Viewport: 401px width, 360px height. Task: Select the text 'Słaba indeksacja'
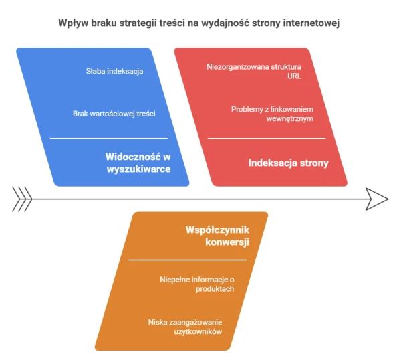coord(114,71)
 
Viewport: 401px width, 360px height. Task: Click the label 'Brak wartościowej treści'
coord(114,114)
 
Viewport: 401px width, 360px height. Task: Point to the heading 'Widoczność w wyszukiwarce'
coord(138,163)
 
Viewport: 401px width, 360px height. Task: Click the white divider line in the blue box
coord(109,139)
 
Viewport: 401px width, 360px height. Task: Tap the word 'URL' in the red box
coord(294,76)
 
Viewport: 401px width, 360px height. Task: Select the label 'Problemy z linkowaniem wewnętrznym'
coord(272,114)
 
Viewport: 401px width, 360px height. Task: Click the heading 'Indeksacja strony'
coord(288,163)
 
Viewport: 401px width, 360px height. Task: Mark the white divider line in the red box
coord(267,139)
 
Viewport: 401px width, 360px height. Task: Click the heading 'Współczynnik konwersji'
coord(217,236)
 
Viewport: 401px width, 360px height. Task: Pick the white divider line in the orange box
coord(187,260)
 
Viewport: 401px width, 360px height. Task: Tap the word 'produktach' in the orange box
coord(215,289)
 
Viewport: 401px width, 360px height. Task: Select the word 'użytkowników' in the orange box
coord(198,332)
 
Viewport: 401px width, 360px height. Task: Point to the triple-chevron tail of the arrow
coord(22,199)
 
